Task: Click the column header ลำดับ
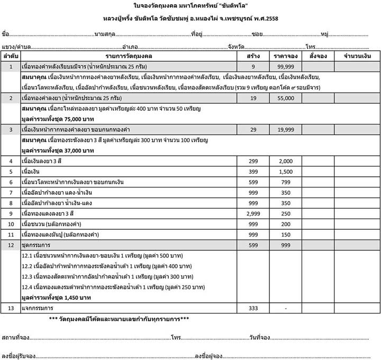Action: point(11,56)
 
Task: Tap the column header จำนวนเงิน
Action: point(357,56)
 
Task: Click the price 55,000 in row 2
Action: point(285,98)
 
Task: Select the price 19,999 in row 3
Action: point(285,130)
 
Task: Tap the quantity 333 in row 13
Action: point(253,308)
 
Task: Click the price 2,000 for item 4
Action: point(285,161)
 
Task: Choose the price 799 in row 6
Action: point(285,182)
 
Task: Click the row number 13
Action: point(11,308)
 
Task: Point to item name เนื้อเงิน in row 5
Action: point(33,172)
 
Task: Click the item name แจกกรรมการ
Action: point(40,308)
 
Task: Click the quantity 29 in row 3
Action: point(253,130)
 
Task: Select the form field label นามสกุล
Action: point(104,34)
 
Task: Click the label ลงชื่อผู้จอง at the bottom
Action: point(210,354)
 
